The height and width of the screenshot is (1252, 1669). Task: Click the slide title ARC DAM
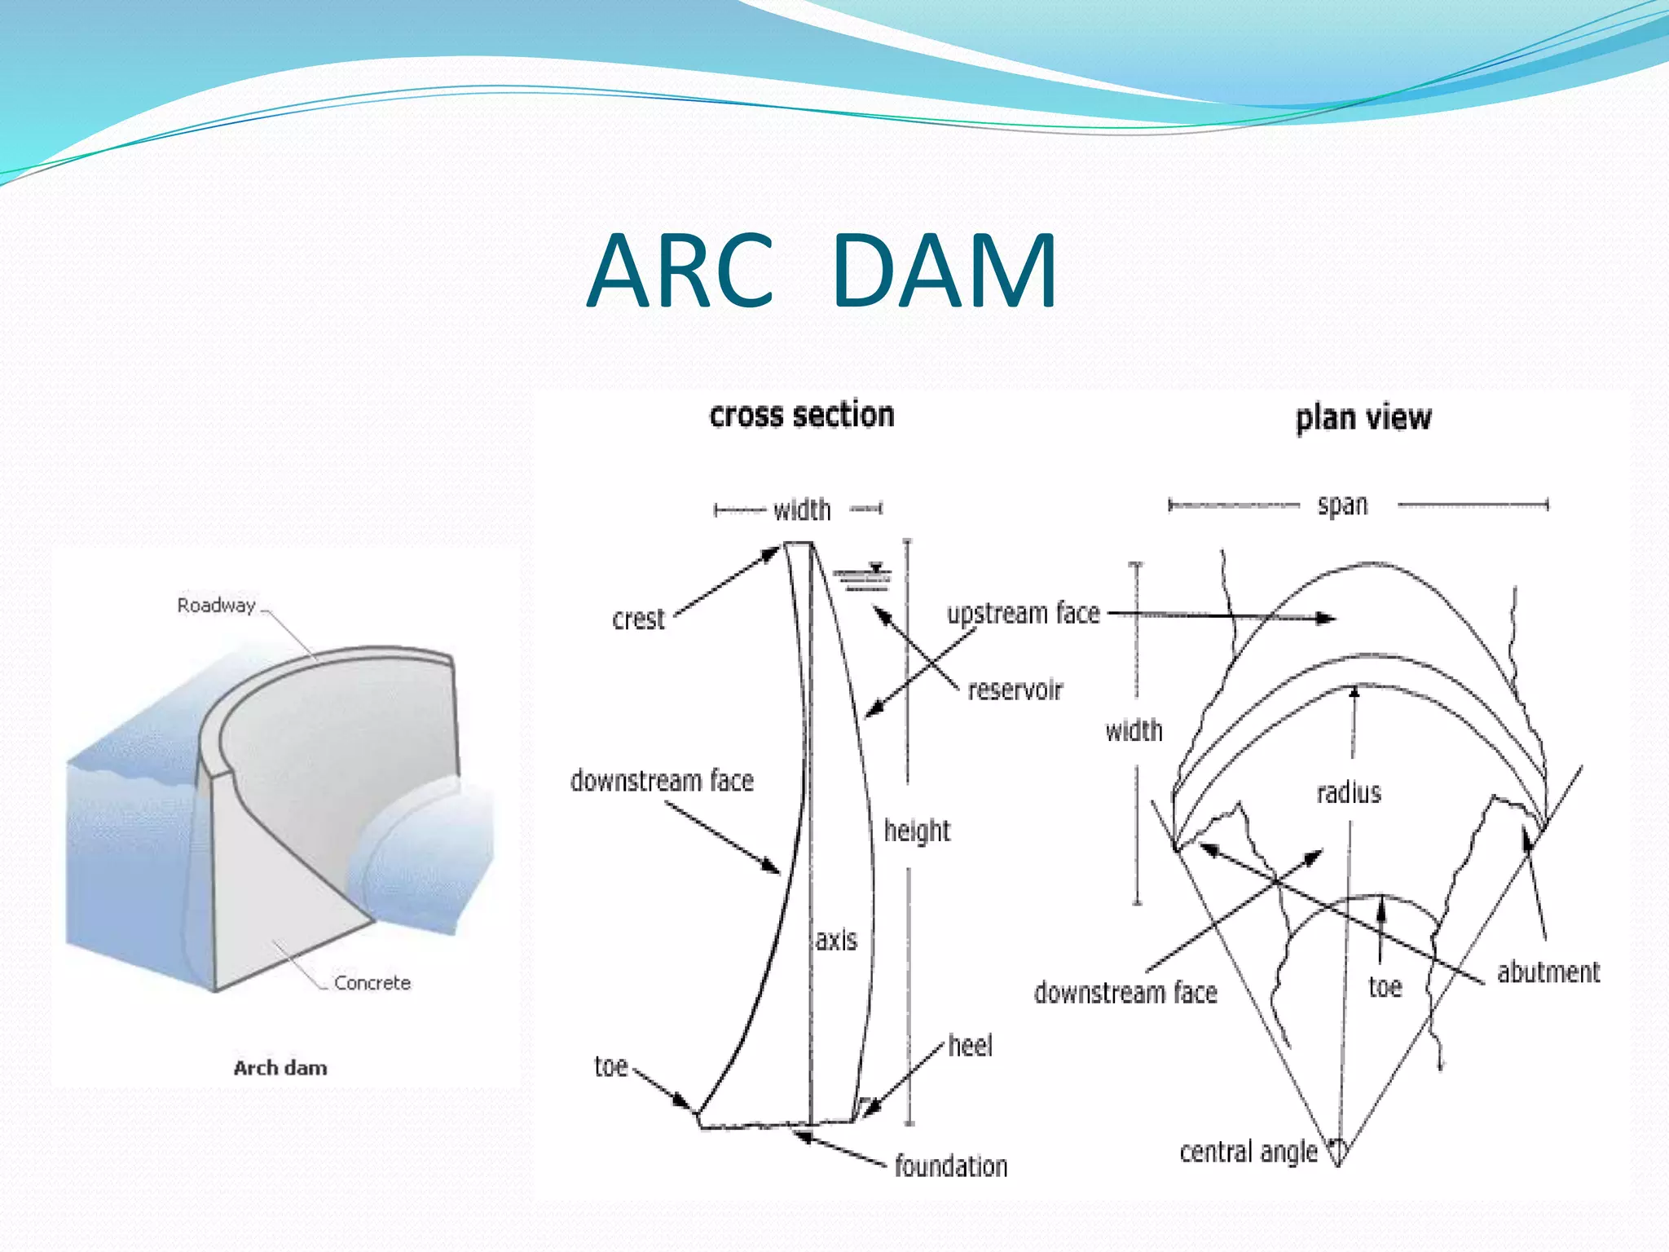tap(821, 271)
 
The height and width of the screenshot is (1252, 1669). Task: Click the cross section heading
tap(802, 415)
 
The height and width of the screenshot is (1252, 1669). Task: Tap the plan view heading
tap(1363, 417)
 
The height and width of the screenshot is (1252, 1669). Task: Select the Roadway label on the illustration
tap(216, 606)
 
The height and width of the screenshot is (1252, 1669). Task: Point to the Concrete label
tap(372, 983)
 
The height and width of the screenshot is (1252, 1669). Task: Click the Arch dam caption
tap(280, 1068)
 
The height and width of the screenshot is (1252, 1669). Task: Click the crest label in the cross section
tap(638, 619)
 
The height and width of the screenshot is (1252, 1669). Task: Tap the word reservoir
tap(1015, 690)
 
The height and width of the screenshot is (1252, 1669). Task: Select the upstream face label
tap(1023, 613)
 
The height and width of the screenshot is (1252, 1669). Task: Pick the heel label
tap(970, 1046)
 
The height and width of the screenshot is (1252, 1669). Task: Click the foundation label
tap(951, 1166)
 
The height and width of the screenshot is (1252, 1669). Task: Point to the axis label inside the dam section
tap(836, 940)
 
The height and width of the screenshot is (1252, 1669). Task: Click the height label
tap(917, 831)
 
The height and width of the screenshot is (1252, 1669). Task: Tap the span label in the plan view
tap(1342, 505)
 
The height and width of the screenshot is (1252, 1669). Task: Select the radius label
tap(1349, 792)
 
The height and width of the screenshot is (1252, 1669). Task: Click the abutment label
tap(1548, 972)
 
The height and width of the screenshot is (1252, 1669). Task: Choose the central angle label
tap(1248, 1152)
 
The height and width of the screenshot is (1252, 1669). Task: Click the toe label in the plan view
tap(1385, 988)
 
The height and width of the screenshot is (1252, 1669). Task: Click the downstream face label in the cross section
tap(662, 781)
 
